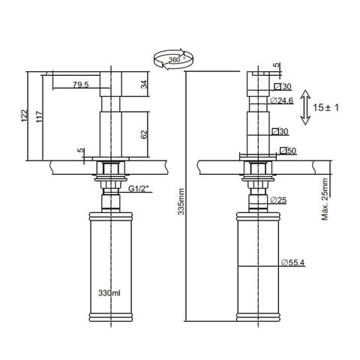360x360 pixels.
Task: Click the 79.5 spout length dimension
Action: (x=81, y=85)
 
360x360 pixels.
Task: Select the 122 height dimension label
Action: (x=25, y=115)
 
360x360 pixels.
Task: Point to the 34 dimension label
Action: (x=144, y=84)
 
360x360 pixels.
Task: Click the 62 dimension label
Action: (x=144, y=134)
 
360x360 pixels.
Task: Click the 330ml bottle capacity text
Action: (x=109, y=292)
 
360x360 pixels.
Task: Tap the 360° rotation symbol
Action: (x=173, y=59)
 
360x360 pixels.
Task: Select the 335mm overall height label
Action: (x=181, y=202)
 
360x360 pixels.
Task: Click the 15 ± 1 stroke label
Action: (x=326, y=108)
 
